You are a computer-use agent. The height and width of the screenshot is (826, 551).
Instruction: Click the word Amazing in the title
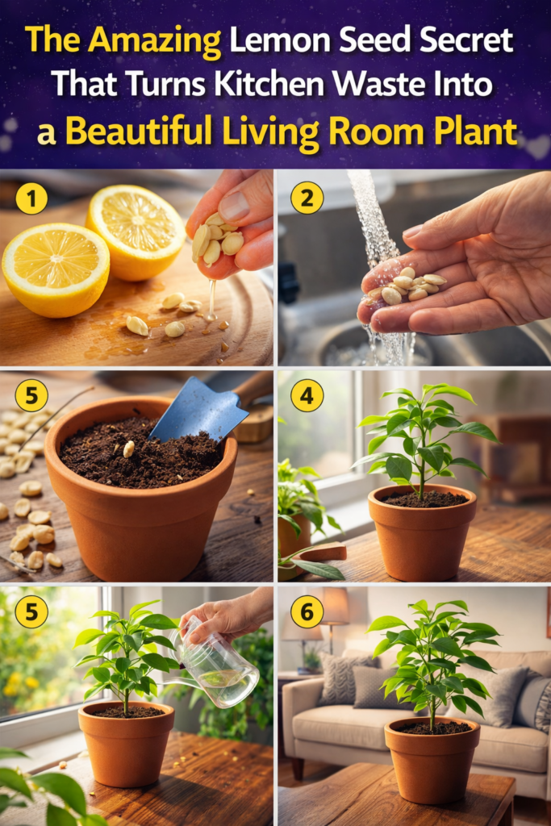pos(154,40)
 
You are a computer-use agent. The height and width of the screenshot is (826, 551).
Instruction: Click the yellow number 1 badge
pos(31,198)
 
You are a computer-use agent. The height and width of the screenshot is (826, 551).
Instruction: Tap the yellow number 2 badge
pos(307,198)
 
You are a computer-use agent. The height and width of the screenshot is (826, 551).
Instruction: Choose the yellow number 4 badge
pos(307,395)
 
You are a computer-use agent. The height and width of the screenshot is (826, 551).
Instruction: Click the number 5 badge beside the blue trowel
pos(31,395)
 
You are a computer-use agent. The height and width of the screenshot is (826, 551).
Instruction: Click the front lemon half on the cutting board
pos(56,269)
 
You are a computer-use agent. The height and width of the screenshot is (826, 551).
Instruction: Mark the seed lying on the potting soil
pos(128,448)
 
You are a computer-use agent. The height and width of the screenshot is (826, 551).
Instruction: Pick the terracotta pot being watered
pos(127,743)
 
